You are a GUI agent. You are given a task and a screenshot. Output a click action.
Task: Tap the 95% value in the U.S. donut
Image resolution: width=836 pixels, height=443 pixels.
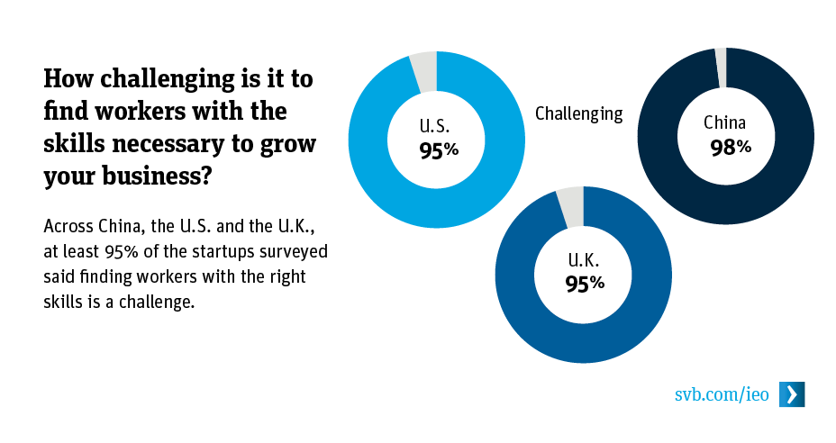(x=439, y=150)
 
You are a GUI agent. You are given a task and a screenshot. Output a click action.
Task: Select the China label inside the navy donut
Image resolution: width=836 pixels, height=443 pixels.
(x=725, y=123)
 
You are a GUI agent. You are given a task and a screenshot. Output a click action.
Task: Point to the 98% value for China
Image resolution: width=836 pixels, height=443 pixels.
(x=730, y=148)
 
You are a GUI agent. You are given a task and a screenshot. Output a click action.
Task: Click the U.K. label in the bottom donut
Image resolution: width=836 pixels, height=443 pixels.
(x=584, y=260)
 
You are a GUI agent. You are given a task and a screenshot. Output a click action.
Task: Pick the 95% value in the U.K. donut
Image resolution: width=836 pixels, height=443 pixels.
(x=585, y=284)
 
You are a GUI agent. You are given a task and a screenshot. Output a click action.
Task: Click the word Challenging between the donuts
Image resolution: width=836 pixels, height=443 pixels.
(x=578, y=113)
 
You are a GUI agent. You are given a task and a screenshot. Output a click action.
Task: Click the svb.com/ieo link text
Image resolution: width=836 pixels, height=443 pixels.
(x=722, y=394)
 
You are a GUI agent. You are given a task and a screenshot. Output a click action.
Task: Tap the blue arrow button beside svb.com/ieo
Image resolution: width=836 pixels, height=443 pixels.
(x=792, y=394)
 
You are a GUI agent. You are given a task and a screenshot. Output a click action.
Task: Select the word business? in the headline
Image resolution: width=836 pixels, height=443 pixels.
(x=167, y=176)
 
